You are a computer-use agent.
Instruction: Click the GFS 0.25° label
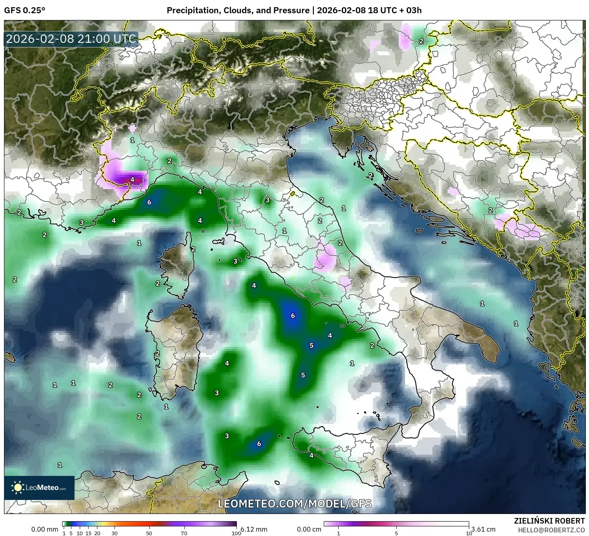click(24, 10)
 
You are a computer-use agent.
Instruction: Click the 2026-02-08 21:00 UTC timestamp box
click(71, 39)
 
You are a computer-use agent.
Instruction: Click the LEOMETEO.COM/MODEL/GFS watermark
click(294, 504)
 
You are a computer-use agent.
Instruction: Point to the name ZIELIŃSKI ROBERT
click(549, 521)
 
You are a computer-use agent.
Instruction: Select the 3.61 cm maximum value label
click(484, 529)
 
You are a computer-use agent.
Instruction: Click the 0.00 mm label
click(44, 529)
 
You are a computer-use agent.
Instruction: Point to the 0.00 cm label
click(309, 529)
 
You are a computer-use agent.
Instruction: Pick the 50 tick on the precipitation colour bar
click(149, 533)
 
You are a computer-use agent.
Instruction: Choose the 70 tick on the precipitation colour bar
click(184, 533)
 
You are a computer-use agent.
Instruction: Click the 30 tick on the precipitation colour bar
click(115, 533)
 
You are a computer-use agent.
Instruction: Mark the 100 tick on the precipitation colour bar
click(236, 533)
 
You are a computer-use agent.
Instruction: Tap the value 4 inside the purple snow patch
click(133, 179)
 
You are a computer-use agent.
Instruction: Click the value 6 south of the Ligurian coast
click(149, 202)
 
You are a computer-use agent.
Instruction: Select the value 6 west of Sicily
click(259, 444)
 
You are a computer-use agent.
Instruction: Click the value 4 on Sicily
click(311, 455)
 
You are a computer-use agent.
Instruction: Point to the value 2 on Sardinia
click(157, 353)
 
